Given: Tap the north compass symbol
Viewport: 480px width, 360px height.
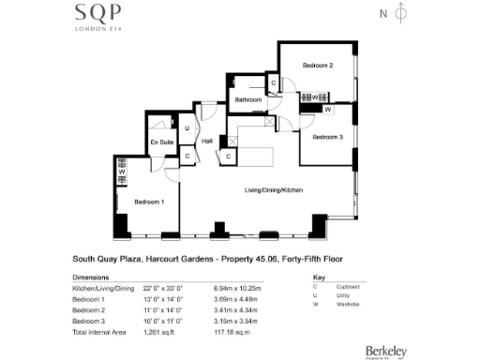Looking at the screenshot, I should tap(401, 14).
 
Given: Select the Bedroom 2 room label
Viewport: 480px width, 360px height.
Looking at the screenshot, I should tap(318, 66).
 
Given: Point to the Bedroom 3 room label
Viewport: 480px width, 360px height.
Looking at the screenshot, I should tap(328, 138).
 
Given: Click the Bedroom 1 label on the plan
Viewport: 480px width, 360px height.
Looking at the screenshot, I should tap(149, 202).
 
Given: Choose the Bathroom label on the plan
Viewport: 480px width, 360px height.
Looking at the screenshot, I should tap(247, 99).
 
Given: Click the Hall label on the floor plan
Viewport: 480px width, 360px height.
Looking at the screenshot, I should tap(207, 141).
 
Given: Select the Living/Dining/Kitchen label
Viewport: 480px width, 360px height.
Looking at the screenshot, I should tap(274, 190).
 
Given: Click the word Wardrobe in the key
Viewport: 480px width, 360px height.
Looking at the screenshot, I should tap(352, 305).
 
